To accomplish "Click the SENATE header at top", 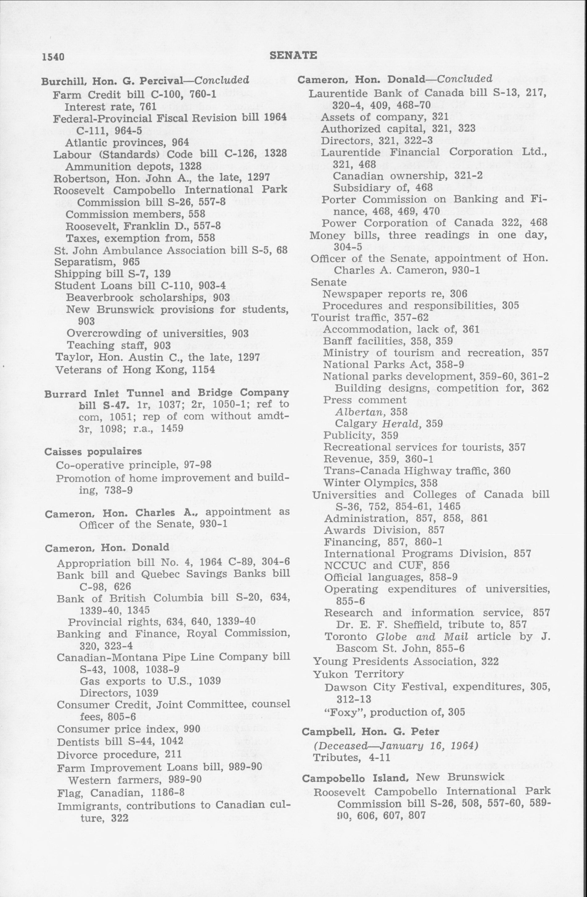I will point(293,56).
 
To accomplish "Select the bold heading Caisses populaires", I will point(93,451).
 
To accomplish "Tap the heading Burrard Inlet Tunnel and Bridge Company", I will point(166,393).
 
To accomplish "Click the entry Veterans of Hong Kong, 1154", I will point(135,370).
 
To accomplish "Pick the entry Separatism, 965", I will point(97,262).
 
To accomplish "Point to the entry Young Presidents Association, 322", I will point(406,661).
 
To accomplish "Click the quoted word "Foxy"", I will point(340,712).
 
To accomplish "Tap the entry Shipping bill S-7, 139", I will point(112,274).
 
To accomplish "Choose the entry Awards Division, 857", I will point(384,530).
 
